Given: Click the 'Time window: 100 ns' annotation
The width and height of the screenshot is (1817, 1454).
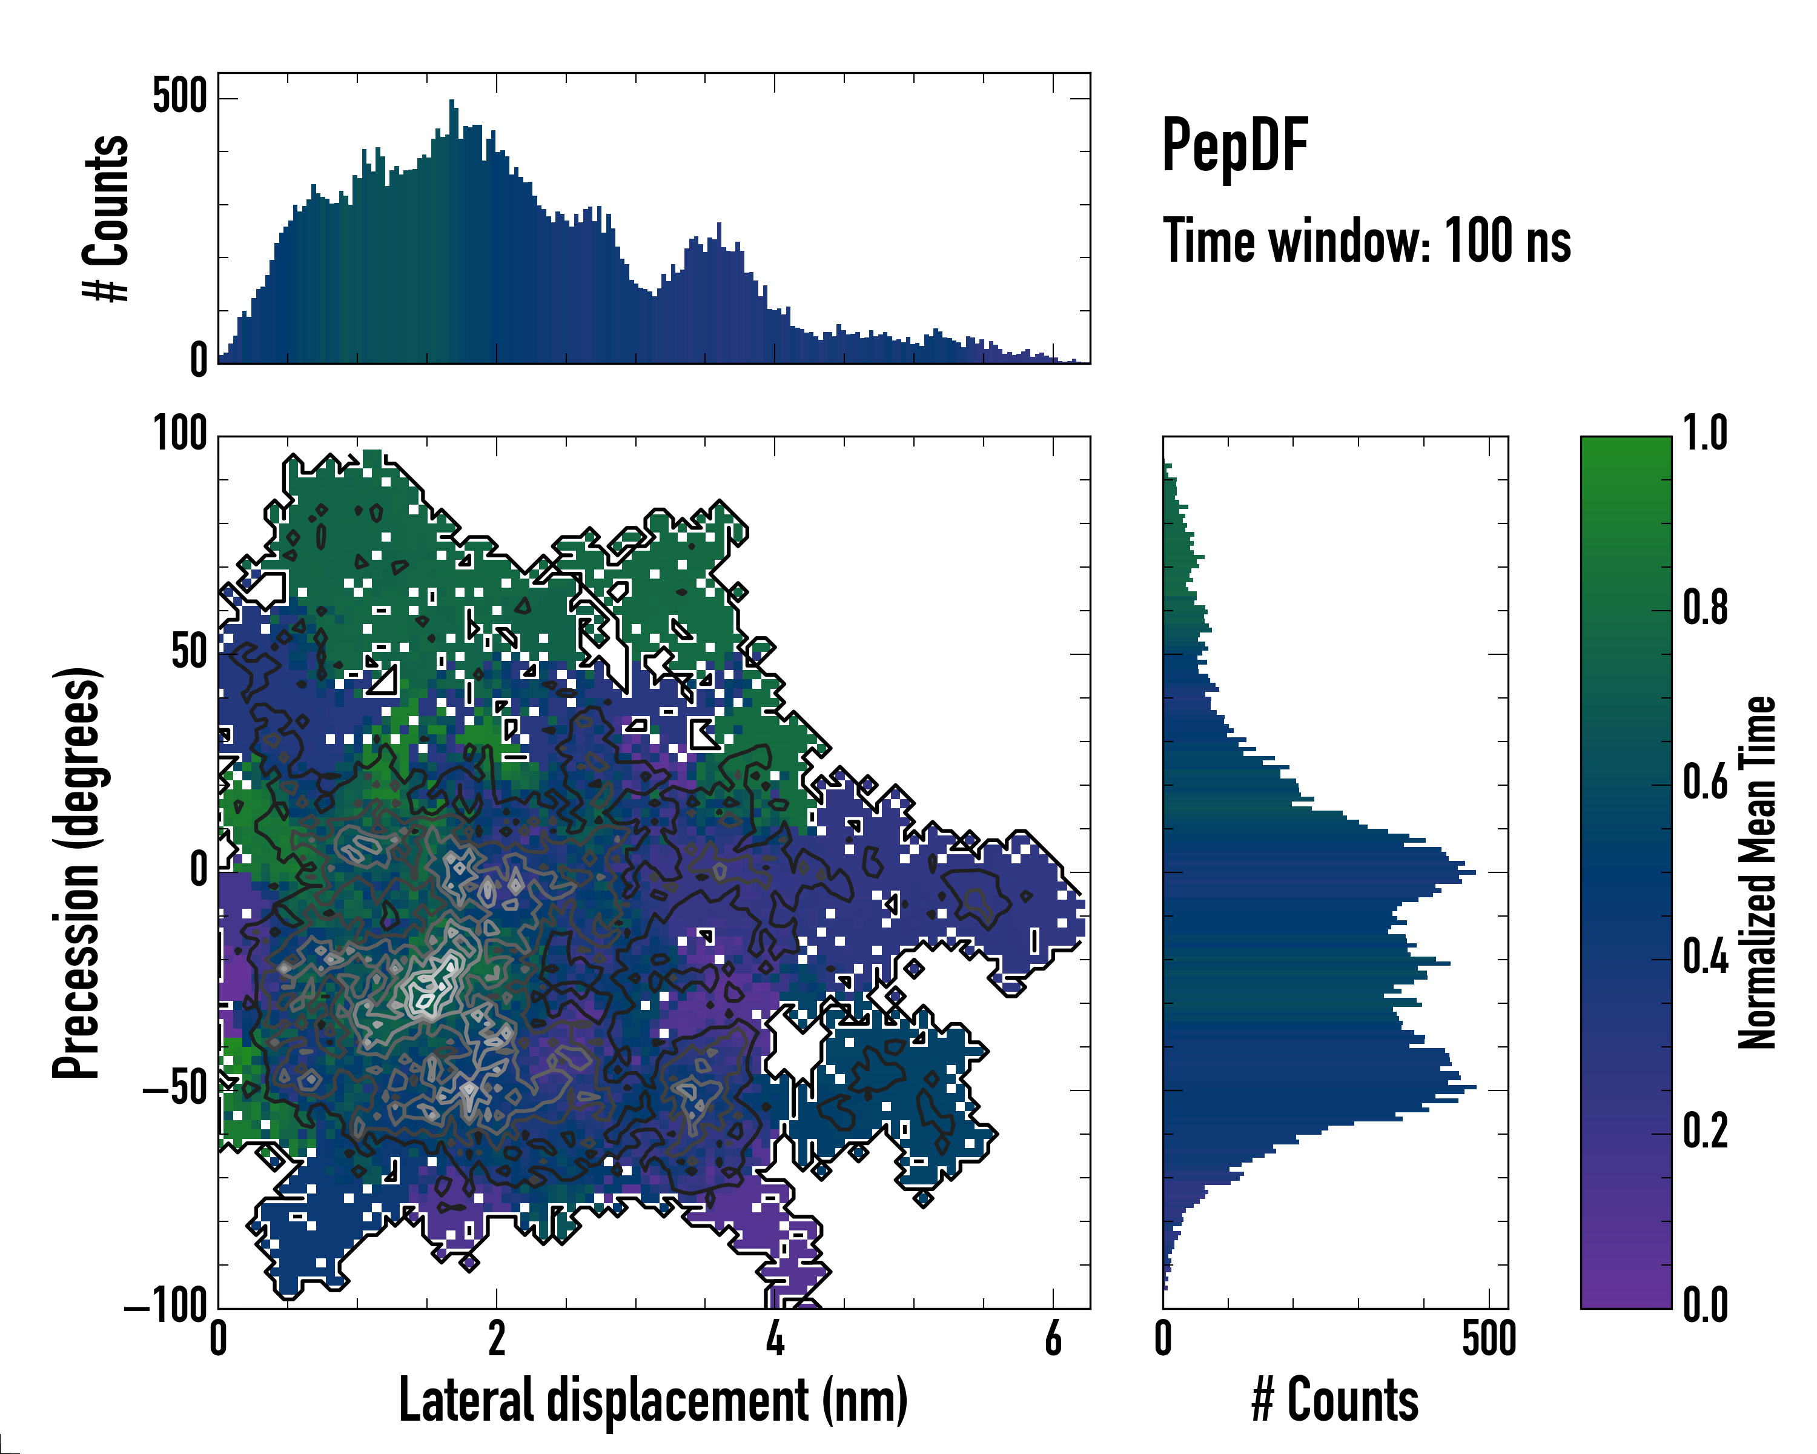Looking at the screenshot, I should (1366, 241).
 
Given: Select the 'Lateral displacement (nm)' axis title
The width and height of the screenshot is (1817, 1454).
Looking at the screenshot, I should (653, 1400).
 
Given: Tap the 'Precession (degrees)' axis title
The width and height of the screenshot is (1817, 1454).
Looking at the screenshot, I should (78, 872).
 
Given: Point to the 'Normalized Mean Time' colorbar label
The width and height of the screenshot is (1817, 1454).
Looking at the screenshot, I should (1756, 872).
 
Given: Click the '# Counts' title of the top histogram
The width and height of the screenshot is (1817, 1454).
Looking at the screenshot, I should (106, 218).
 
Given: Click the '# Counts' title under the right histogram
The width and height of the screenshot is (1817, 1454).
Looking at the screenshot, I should (1335, 1400).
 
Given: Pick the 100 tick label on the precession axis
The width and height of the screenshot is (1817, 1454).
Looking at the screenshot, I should (179, 436).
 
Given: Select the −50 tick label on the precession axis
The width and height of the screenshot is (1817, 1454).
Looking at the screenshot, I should (175, 1090).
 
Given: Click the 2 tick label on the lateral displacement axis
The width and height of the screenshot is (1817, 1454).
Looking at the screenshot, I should (497, 1338).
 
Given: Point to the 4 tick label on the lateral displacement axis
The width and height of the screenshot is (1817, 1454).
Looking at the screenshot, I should (775, 1338).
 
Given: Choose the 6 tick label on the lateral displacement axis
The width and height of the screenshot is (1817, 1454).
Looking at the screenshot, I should (1053, 1338).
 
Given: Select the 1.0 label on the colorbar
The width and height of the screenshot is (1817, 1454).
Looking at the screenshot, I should (1705, 435).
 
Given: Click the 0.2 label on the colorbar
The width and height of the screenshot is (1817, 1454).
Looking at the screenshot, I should (1705, 1133).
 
